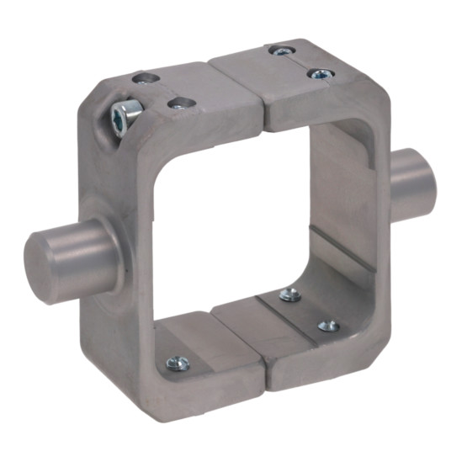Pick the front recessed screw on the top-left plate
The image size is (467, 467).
178,103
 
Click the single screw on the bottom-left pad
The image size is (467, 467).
176,362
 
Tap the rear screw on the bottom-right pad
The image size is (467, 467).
289,294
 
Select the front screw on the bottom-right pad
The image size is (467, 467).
330,325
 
